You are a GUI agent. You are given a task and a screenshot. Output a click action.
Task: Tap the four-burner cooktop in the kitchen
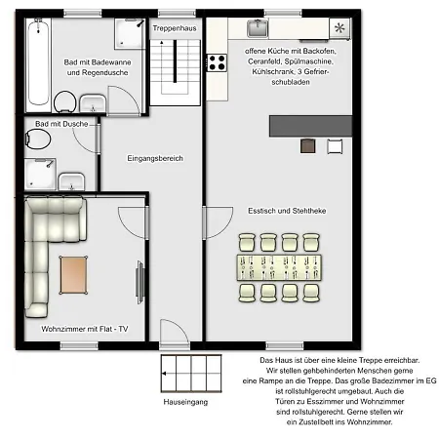tap(217, 62)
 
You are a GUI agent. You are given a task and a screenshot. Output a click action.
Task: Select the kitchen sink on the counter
tap(258, 28)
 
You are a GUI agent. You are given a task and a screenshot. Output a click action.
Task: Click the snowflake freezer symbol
tap(339, 28)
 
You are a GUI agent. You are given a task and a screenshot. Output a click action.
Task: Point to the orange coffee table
tap(73, 275)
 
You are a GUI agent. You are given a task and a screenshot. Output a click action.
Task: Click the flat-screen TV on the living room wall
tap(140, 283)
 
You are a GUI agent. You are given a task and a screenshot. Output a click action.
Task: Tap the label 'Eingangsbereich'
tap(155, 158)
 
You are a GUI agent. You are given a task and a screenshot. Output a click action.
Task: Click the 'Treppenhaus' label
tap(175, 28)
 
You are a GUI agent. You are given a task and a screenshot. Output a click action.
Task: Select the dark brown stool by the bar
tap(307, 146)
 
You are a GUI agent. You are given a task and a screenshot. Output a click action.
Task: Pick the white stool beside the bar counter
tap(335, 146)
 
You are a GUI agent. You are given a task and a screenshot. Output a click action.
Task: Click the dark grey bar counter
tap(310, 126)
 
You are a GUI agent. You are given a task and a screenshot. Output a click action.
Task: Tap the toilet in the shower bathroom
tap(38, 140)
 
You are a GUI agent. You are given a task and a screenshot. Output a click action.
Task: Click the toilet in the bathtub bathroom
tap(65, 101)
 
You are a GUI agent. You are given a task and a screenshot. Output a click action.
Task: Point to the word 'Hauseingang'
tap(185, 402)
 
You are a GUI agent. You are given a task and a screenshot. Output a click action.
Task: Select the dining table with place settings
tap(279, 267)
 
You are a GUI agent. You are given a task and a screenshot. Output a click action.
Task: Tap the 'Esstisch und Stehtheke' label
tap(287, 211)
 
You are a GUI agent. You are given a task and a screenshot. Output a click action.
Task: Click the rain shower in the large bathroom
tap(130, 33)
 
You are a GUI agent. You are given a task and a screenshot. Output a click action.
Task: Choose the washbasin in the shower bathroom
tap(71, 181)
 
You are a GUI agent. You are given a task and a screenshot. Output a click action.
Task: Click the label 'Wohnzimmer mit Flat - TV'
tap(85, 329)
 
